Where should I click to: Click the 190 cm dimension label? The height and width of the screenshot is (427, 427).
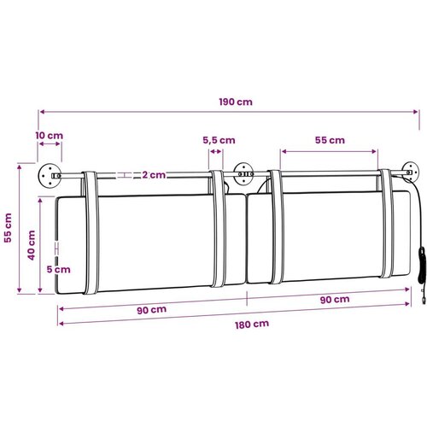236,102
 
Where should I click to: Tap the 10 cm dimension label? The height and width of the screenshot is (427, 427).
50,136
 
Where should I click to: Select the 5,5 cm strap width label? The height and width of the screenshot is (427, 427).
219,140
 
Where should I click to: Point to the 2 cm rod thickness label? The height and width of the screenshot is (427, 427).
154,175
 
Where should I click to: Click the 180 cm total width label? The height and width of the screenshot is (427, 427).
252,325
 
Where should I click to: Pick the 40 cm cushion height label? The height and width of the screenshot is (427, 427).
32,245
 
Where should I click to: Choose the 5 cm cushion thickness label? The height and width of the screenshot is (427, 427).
59,269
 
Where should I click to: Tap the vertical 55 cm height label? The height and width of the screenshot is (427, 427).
8,228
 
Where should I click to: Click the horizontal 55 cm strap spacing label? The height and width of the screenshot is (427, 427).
330,140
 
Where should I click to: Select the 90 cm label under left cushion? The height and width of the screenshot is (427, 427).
152,310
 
